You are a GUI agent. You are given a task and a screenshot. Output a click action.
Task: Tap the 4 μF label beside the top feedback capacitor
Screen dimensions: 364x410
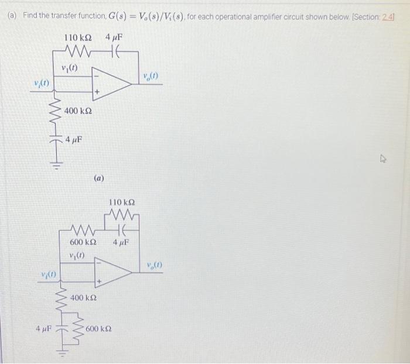point(114,38)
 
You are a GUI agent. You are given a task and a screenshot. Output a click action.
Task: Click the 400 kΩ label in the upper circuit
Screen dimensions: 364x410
point(77,111)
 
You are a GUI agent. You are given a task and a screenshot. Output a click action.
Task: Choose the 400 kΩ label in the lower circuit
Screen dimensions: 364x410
point(83,298)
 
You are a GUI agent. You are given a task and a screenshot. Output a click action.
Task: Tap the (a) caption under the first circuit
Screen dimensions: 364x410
point(98,176)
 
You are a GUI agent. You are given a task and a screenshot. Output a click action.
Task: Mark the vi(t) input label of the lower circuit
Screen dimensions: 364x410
point(48,275)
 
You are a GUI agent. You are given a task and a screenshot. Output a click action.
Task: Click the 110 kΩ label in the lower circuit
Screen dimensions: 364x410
point(120,202)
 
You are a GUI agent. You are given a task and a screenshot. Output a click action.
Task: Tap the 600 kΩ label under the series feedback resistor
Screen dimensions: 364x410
point(83,242)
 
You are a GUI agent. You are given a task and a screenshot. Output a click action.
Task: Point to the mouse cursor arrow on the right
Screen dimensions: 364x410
point(384,157)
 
